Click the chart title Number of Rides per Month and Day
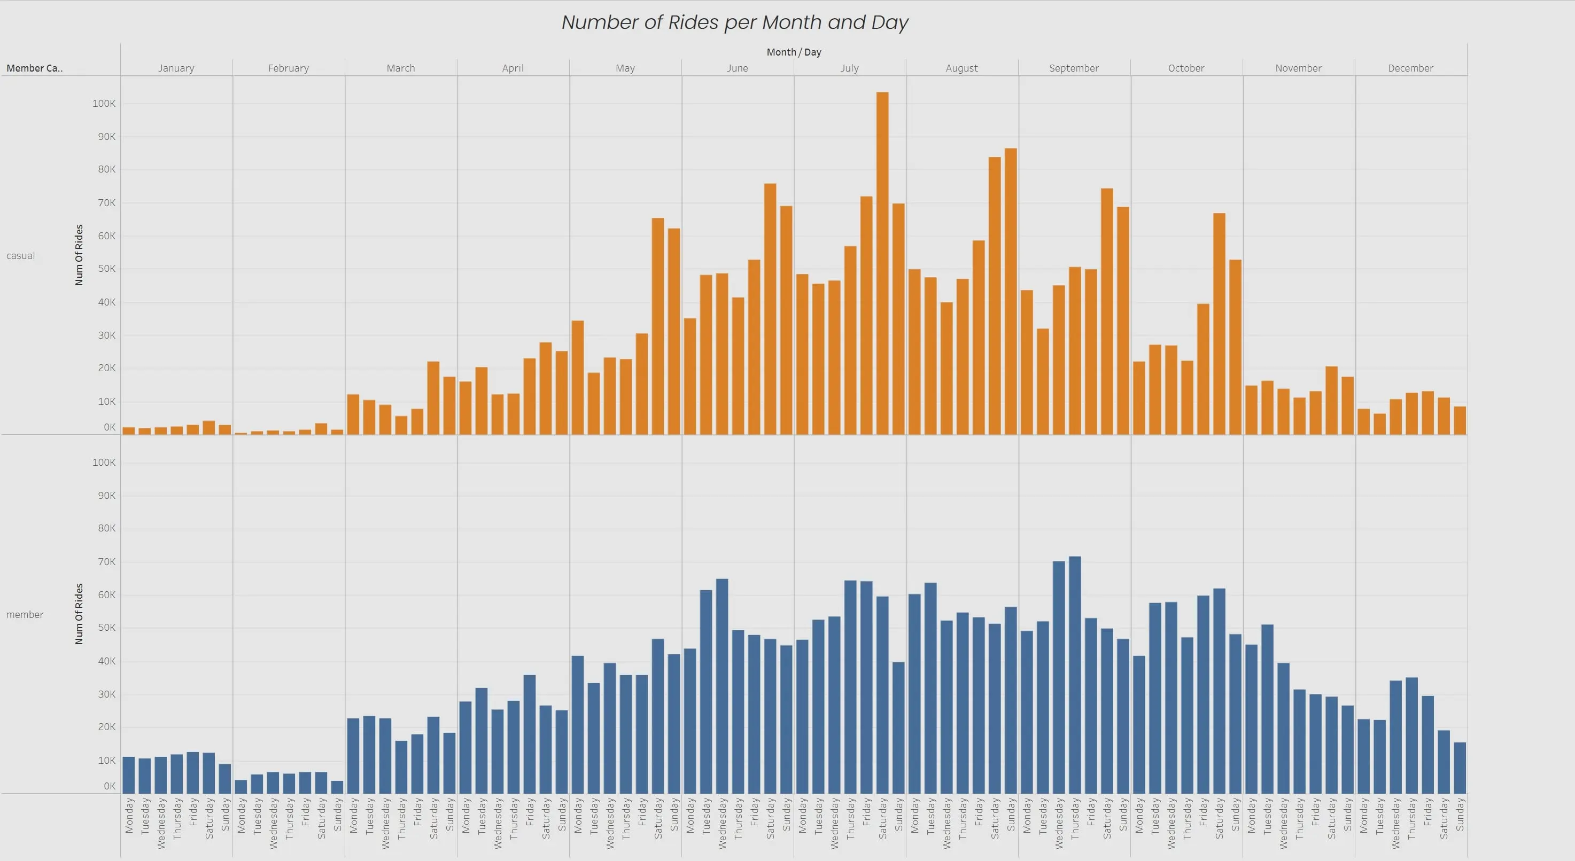pos(734,22)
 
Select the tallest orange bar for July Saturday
pos(882,263)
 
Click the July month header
pos(849,68)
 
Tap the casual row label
pos(21,255)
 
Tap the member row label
pos(25,614)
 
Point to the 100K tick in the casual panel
pos(104,103)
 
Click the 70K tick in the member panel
pos(106,561)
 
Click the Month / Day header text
pos(794,52)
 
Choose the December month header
pos(1410,68)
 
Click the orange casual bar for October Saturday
pos(1219,324)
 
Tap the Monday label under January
pos(129,815)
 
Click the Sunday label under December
pos(1460,815)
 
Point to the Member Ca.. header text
pos(34,68)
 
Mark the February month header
pos(288,68)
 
